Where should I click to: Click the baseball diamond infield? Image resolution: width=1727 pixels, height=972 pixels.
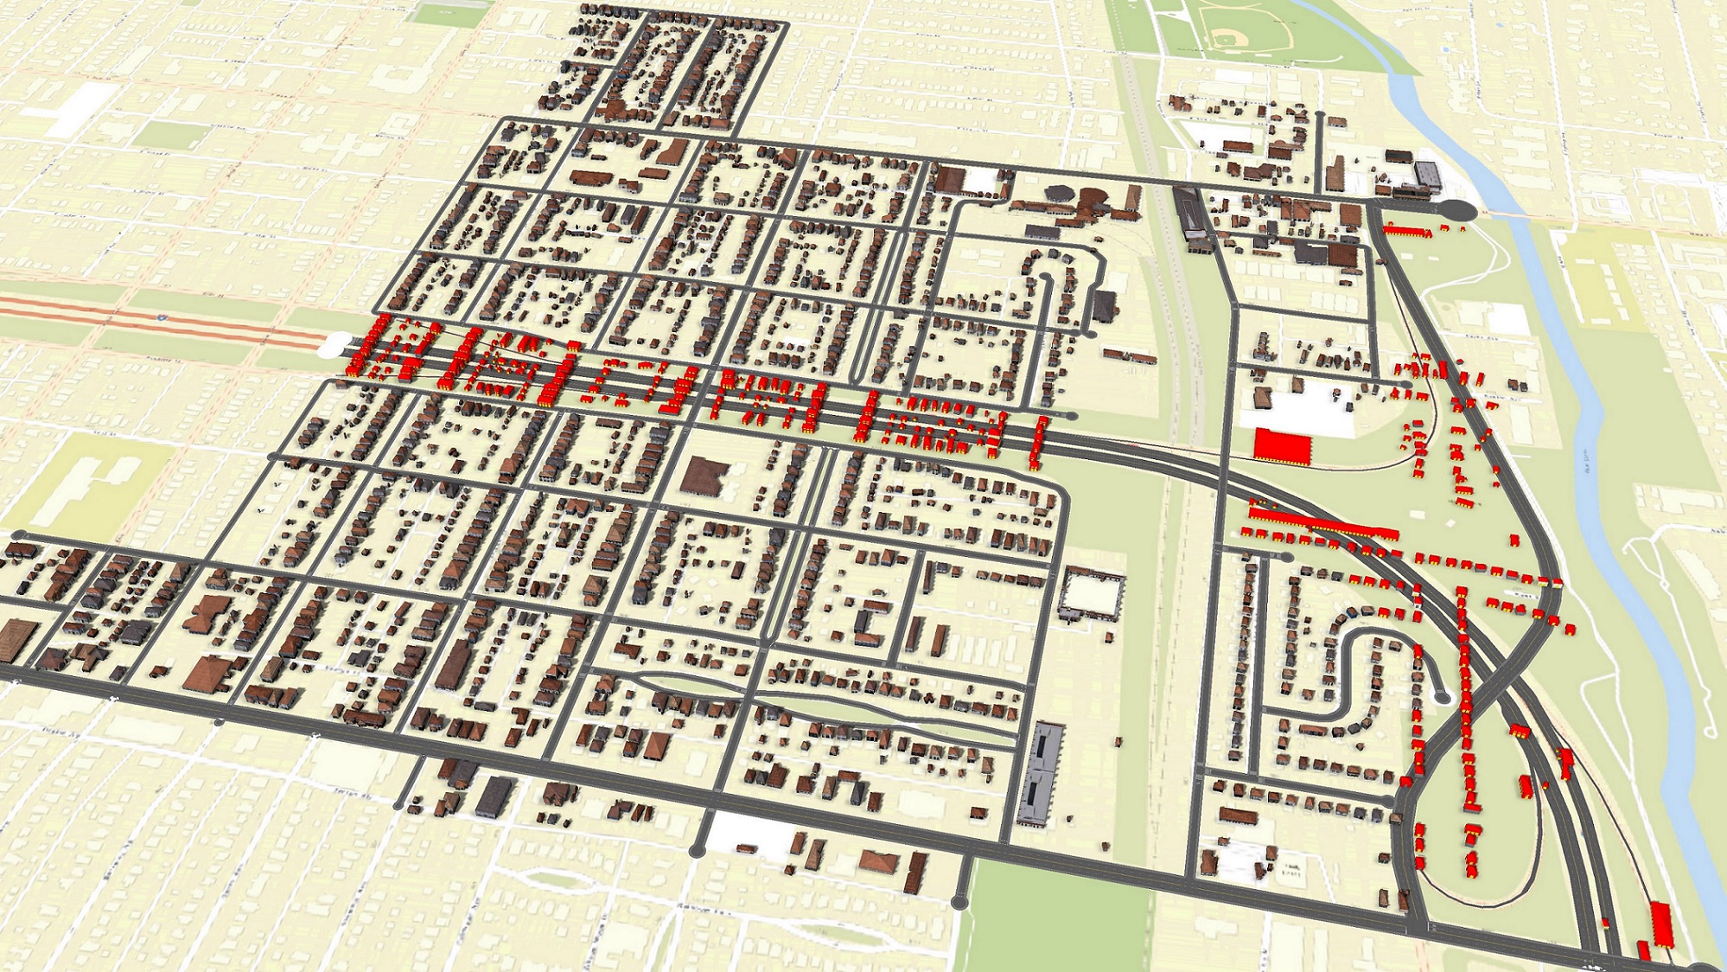(x=1226, y=39)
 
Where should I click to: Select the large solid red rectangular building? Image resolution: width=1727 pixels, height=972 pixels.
(x=1283, y=445)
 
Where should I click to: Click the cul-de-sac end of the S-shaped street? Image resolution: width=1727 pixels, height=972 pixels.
(x=1440, y=696)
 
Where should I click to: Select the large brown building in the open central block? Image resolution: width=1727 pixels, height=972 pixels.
(x=704, y=476)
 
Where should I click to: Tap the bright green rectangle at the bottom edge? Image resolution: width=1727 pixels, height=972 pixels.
(x=1055, y=917)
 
